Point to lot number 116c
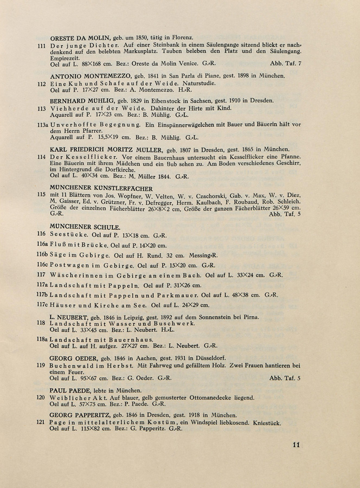coord(42,266)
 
